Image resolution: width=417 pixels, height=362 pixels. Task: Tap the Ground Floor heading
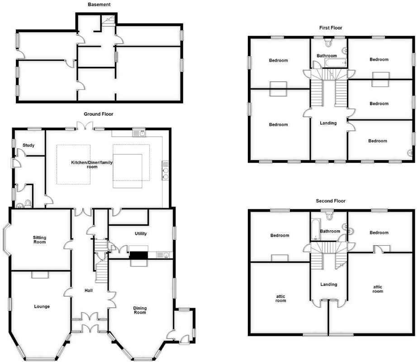click(x=98, y=114)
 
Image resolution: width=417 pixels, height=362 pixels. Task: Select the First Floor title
click(x=331, y=28)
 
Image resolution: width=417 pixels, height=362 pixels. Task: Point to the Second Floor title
click(x=331, y=200)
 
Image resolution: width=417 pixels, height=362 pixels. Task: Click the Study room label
click(x=28, y=145)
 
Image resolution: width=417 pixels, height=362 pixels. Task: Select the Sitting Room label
click(x=40, y=239)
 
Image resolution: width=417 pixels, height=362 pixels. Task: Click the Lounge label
click(x=42, y=306)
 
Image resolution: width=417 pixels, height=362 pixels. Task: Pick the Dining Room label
click(x=140, y=310)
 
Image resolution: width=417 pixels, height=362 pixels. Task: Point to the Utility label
click(x=141, y=233)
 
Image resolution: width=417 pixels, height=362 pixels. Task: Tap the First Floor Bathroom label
click(x=327, y=56)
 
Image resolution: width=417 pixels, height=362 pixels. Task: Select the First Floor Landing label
click(x=328, y=123)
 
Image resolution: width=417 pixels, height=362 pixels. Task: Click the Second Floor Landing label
click(x=328, y=285)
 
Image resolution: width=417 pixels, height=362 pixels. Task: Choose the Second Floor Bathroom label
click(x=330, y=231)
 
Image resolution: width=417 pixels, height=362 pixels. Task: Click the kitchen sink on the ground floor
click(x=142, y=133)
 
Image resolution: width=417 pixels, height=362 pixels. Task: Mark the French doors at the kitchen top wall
click(x=84, y=125)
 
